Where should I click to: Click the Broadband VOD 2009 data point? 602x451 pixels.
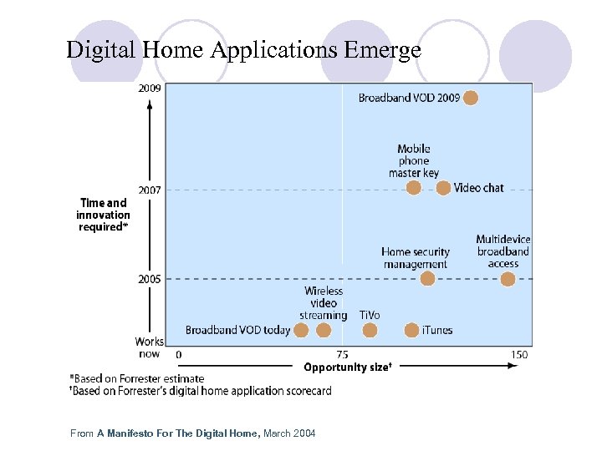point(471,98)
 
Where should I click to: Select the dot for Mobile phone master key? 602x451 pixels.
point(413,188)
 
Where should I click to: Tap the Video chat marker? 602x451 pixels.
point(443,188)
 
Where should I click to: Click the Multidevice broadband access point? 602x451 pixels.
point(508,279)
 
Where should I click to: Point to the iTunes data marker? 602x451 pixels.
point(411,330)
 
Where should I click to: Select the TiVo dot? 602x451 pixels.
point(370,330)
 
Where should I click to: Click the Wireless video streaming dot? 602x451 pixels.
point(324,330)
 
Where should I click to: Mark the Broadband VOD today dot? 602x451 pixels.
point(301,330)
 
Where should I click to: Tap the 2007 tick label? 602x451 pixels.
point(150,190)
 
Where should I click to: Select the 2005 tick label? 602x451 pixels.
point(150,279)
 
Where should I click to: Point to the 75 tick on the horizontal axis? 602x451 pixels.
point(343,355)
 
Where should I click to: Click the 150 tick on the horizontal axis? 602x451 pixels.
point(519,355)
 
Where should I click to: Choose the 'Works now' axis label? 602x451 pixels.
point(150,347)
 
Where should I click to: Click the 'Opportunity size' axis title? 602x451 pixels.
point(347,367)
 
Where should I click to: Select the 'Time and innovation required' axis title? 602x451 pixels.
point(104,215)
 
